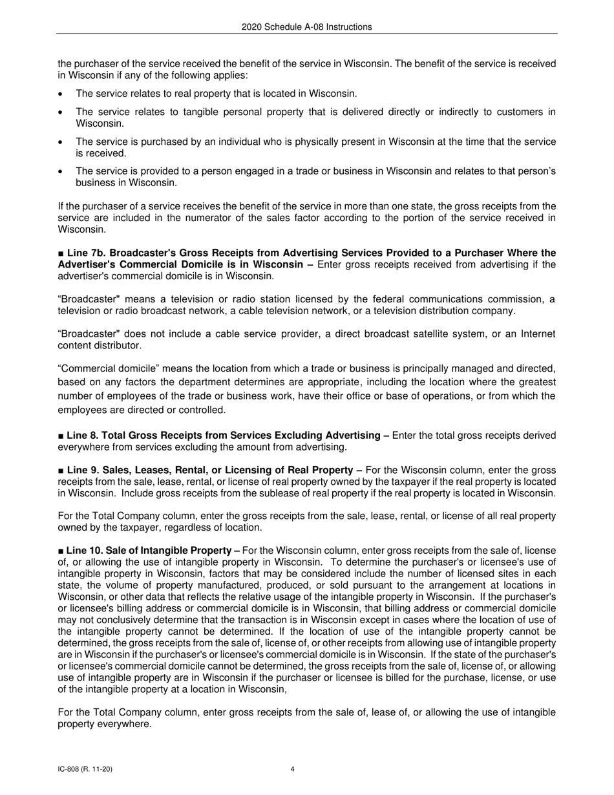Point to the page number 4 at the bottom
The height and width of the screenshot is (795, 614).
pos(293,769)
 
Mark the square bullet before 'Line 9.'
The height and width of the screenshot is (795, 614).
pos(61,470)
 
